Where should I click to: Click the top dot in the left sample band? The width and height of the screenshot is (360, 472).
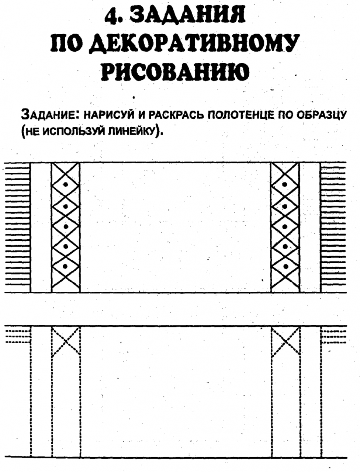click(x=66, y=184)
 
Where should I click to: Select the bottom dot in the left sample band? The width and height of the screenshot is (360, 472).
click(x=65, y=267)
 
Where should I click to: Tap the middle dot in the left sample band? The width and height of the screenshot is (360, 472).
click(x=66, y=227)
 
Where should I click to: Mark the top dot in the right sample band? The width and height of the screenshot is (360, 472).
click(x=285, y=184)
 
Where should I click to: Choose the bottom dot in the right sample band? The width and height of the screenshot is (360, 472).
click(x=285, y=267)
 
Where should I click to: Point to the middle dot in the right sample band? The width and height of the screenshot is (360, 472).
click(x=285, y=227)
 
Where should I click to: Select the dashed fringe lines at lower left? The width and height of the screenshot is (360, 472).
click(x=18, y=337)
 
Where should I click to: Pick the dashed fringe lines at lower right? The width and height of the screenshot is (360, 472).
click(x=333, y=337)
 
